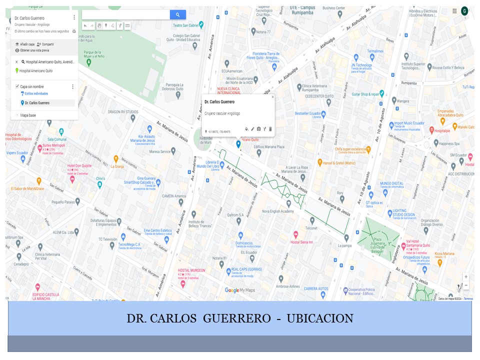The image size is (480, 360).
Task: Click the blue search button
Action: [x=177, y=15]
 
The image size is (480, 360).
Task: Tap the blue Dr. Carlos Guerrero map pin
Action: [x=238, y=144]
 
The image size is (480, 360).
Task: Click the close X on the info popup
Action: [x=272, y=97]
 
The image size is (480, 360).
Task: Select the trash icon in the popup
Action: [x=270, y=129]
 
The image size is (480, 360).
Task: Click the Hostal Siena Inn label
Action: [x=301, y=242]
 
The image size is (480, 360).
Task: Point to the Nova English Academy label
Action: [x=278, y=211]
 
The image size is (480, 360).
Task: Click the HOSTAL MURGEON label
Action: [x=191, y=270]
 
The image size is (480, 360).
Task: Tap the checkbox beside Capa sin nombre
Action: [x=17, y=86]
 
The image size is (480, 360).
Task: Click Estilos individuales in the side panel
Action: [x=36, y=93]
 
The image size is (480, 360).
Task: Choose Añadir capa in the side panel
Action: [x=27, y=44]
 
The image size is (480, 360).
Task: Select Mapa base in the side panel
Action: [x=27, y=115]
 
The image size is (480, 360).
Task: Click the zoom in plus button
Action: [x=466, y=276]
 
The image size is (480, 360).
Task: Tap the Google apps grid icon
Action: [x=454, y=11]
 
